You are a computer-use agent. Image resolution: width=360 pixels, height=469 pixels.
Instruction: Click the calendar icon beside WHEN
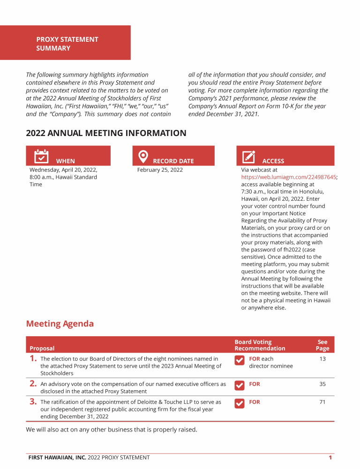pyautogui.click(x=42, y=156)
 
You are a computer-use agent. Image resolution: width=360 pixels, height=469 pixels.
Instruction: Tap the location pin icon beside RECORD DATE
pyautogui.click(x=143, y=157)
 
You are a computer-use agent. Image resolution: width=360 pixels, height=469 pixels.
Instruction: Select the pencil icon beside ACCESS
pyautogui.click(x=248, y=157)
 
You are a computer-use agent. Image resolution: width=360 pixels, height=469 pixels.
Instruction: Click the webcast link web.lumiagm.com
pyautogui.click(x=289, y=177)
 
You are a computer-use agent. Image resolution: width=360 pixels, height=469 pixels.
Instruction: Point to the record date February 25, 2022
pyautogui.click(x=160, y=170)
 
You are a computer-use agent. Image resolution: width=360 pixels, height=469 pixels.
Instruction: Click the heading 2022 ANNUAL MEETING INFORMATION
pyautogui.click(x=106, y=133)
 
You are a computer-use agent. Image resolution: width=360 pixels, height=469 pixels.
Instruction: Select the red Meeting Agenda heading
pyautogui.click(x=60, y=324)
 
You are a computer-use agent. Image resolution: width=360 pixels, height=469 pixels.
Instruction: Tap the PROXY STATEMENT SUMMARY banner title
pyautogui.click(x=67, y=44)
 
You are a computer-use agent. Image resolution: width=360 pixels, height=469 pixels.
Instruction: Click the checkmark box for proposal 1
pyautogui.click(x=239, y=360)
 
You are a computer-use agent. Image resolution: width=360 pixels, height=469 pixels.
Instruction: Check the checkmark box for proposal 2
pyautogui.click(x=239, y=385)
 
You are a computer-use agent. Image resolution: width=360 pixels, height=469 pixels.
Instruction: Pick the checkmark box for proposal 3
pyautogui.click(x=239, y=403)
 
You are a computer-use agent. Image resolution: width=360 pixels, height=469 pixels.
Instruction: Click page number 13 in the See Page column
pyautogui.click(x=322, y=359)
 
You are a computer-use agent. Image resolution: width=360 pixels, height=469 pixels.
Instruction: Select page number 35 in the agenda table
pyautogui.click(x=322, y=384)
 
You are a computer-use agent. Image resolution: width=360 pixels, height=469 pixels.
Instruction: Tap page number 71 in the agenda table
pyautogui.click(x=322, y=402)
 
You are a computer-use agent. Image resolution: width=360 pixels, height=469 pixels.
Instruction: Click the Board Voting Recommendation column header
pyautogui.click(x=260, y=345)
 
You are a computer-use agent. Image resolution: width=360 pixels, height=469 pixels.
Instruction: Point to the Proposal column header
pyautogui.click(x=42, y=348)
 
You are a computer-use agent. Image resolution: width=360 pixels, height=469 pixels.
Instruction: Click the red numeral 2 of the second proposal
pyautogui.click(x=33, y=384)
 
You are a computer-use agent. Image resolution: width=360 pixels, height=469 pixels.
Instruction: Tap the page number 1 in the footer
pyautogui.click(x=330, y=458)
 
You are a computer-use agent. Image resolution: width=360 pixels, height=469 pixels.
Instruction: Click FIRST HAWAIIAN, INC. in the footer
pyautogui.click(x=57, y=458)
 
